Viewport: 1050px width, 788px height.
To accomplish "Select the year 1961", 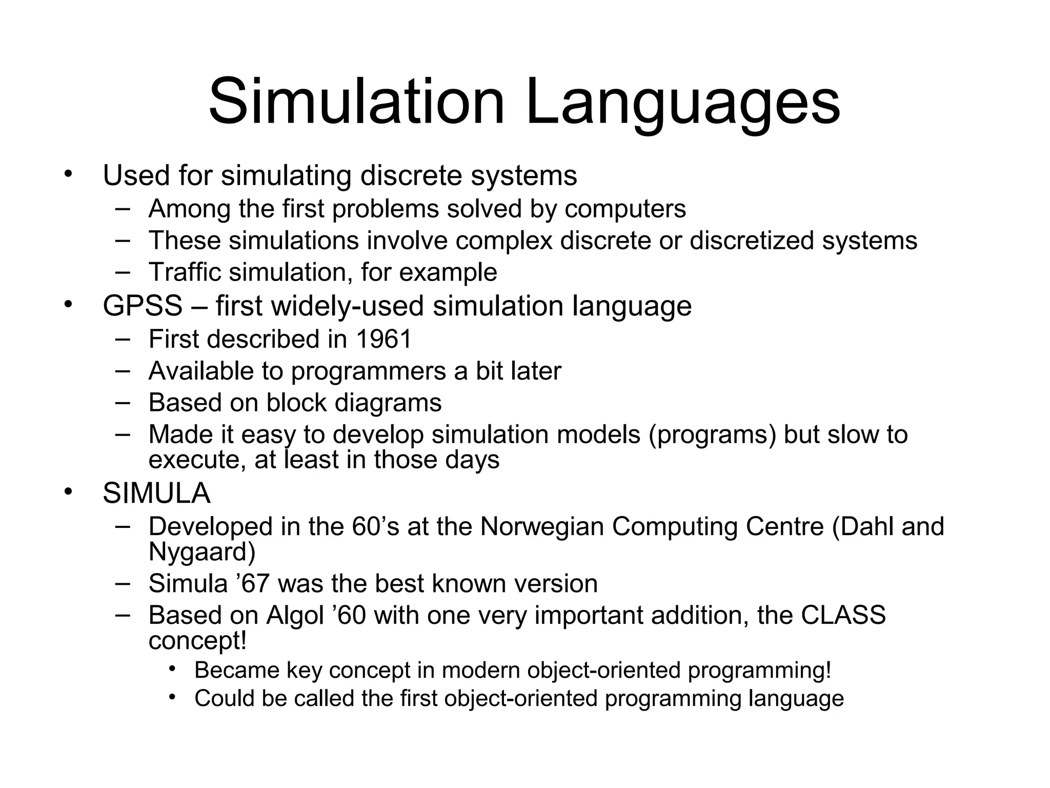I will click(383, 340).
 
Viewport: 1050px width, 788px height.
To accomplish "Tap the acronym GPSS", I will click(143, 306).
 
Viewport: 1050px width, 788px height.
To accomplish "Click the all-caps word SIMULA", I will click(156, 494).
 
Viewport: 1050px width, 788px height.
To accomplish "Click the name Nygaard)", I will click(202, 552).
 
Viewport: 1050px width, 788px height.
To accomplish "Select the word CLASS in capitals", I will click(843, 615).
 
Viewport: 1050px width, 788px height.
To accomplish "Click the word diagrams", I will click(388, 403).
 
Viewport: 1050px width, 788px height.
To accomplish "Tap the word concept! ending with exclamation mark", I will click(197, 641).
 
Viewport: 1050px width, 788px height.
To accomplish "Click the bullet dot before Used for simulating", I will click(69, 174).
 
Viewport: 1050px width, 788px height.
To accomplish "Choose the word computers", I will click(625, 209).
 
